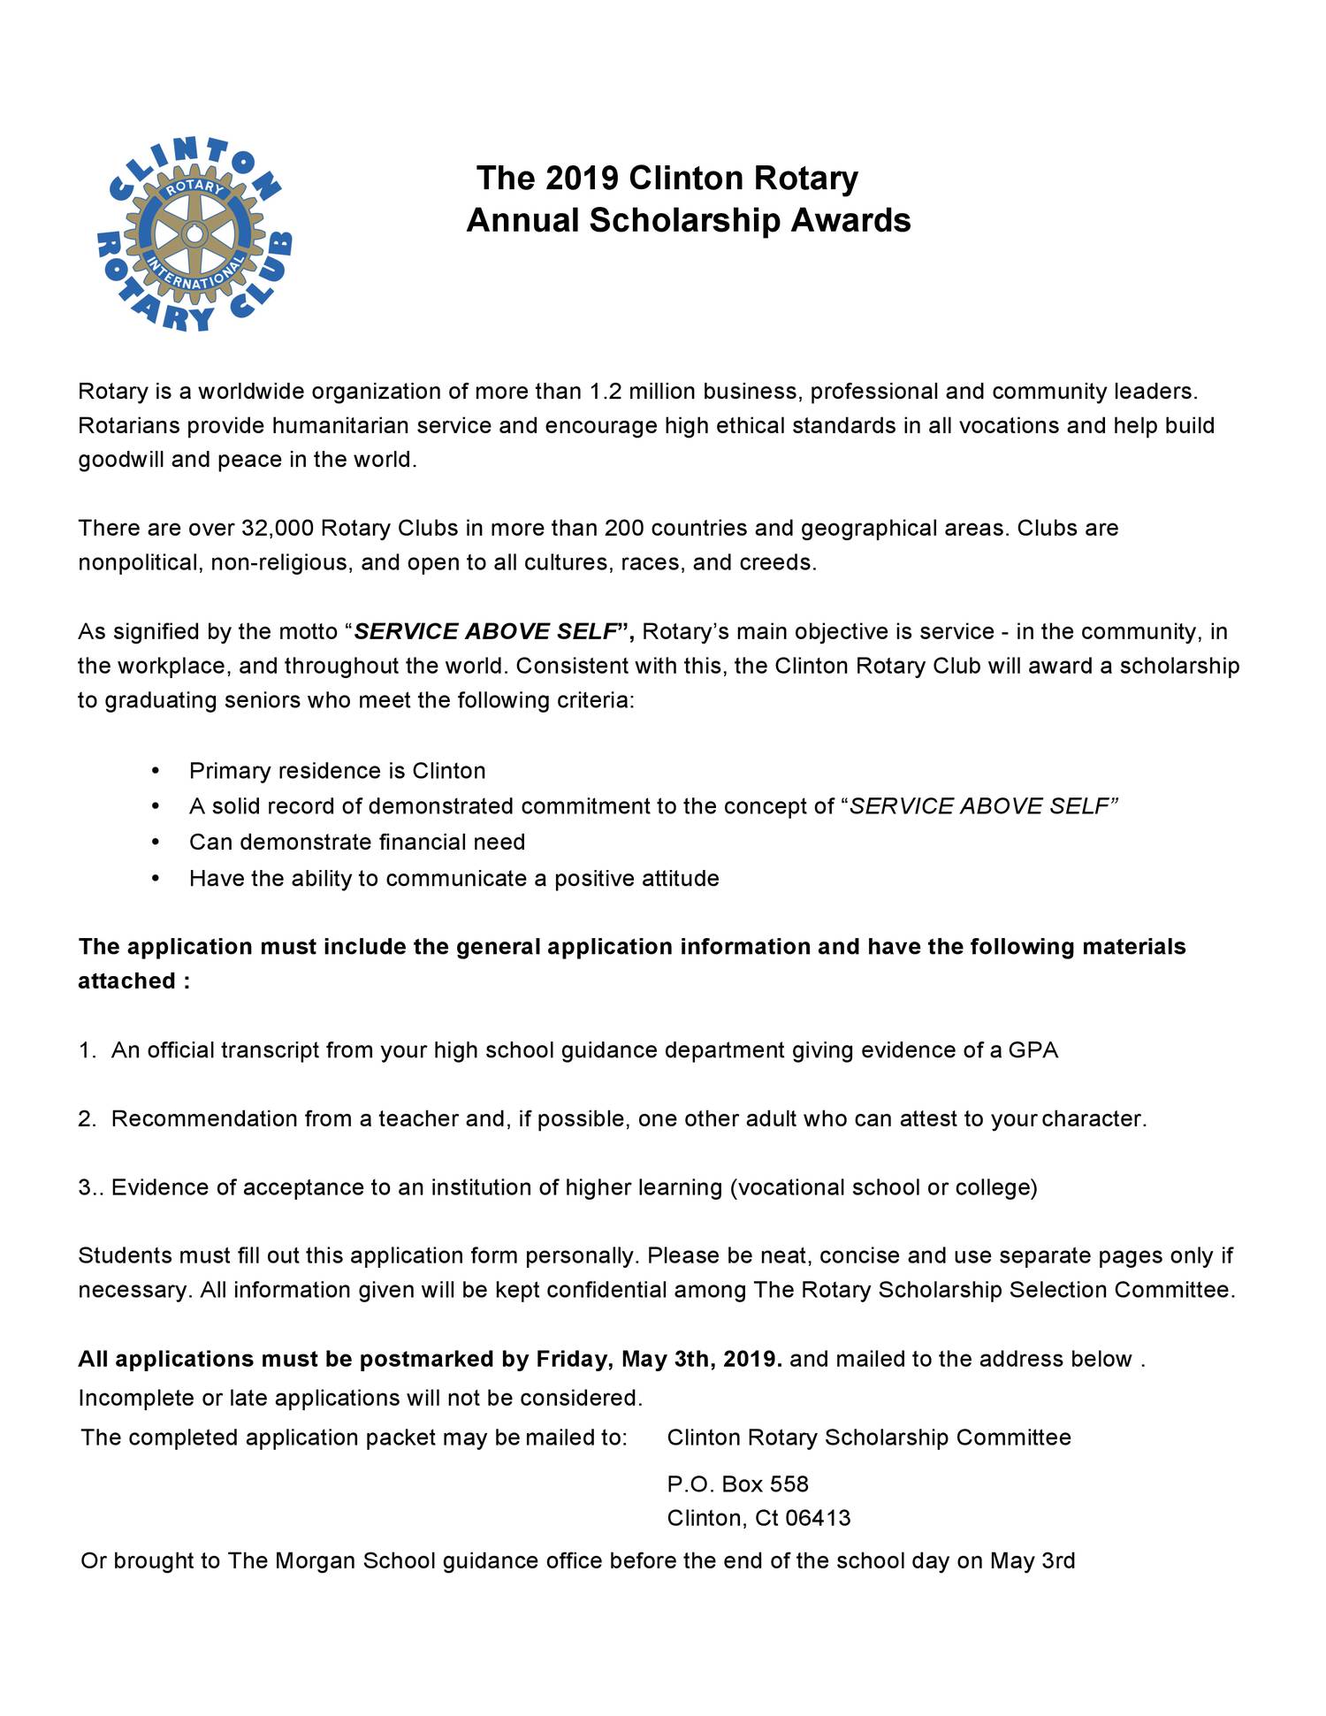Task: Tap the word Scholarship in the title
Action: pyautogui.click(x=685, y=220)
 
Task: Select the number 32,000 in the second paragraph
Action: pyautogui.click(x=277, y=529)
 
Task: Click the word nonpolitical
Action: pyautogui.click(x=140, y=563)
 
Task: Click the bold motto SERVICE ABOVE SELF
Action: pyautogui.click(x=485, y=632)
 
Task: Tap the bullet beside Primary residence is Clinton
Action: pyautogui.click(x=156, y=771)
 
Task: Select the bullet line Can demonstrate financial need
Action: pyautogui.click(x=356, y=843)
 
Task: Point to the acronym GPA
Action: pyautogui.click(x=1033, y=1050)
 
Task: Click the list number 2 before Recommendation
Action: pyautogui.click(x=86, y=1119)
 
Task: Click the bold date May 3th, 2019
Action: pyautogui.click(x=702, y=1359)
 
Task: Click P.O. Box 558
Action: pyautogui.click(x=737, y=1484)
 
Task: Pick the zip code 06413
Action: pyautogui.click(x=818, y=1519)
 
